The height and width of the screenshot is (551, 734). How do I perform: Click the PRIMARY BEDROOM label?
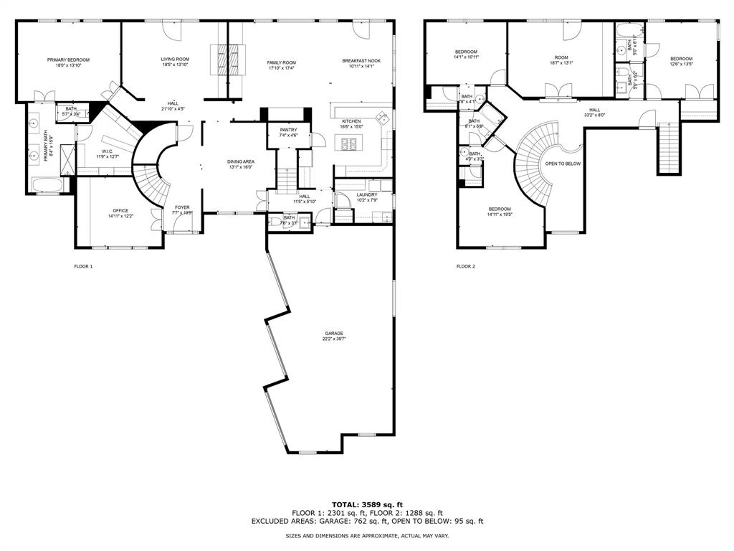pos(68,60)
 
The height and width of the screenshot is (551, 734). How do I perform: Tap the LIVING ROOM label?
pos(175,60)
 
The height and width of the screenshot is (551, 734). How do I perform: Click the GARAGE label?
pos(334,333)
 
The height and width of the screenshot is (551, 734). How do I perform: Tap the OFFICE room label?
pos(120,210)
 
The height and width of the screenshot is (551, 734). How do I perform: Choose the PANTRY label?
pos(288,130)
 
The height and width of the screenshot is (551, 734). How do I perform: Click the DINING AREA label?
pos(242,162)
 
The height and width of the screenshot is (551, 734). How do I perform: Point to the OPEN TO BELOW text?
pos(563,164)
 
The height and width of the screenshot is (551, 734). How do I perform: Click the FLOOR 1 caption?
pos(84,266)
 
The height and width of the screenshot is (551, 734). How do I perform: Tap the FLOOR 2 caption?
pos(466,266)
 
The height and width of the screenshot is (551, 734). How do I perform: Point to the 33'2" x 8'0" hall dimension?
pos(595,115)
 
